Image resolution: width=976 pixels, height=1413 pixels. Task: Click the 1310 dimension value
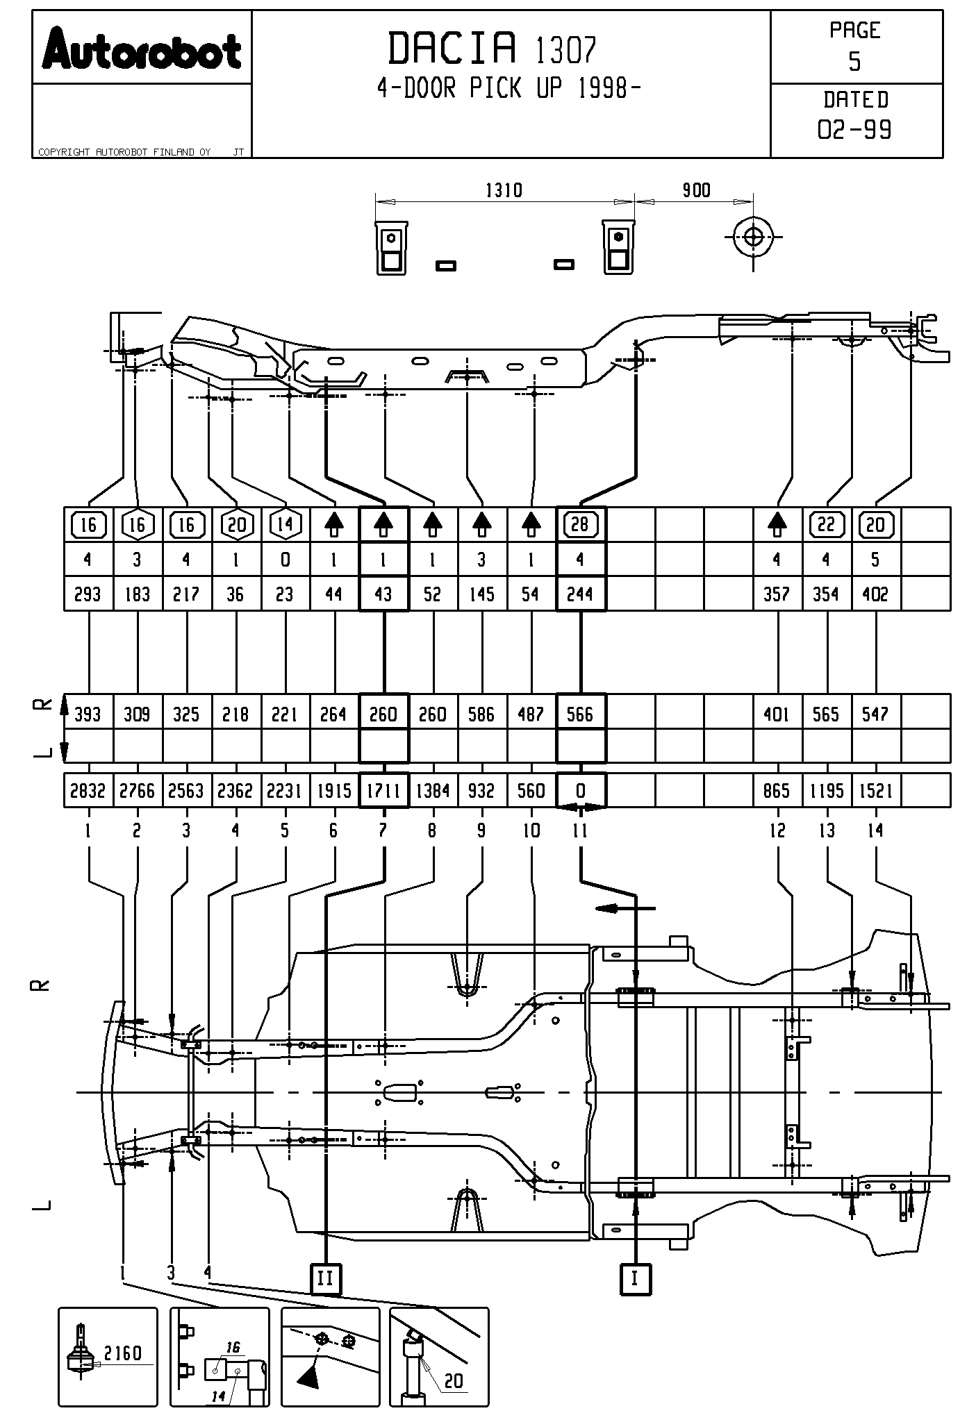[x=503, y=190]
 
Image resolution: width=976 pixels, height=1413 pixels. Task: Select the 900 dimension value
[x=695, y=190]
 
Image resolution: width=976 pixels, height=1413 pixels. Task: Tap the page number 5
[x=854, y=62]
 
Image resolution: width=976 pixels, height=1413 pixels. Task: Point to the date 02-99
[x=854, y=130]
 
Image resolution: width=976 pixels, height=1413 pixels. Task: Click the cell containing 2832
[x=88, y=791]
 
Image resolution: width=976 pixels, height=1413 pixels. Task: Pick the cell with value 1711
[x=383, y=791]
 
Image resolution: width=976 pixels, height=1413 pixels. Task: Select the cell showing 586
[x=482, y=714]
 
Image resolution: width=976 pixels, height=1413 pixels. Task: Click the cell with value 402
[x=875, y=594]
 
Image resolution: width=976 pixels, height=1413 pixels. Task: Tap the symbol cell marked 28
[x=580, y=524]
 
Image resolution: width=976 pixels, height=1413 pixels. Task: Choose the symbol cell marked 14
[x=285, y=524]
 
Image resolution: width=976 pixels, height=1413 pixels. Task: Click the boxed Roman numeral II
[x=325, y=1278]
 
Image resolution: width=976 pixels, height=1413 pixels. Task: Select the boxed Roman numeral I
[x=634, y=1278]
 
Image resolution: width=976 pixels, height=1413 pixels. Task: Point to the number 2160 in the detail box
[x=122, y=1353]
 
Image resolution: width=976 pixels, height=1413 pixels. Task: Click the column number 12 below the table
[x=777, y=830]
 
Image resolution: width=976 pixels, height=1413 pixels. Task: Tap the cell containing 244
[x=580, y=594]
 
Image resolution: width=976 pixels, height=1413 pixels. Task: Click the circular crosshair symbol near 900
[x=753, y=237]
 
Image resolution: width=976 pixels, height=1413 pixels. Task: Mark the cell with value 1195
[x=827, y=791]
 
